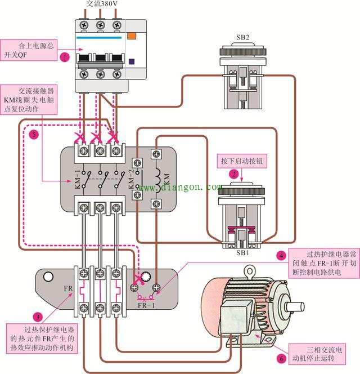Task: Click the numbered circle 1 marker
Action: click(65, 57)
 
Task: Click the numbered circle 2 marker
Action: click(233, 174)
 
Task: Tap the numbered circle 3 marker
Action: click(37, 317)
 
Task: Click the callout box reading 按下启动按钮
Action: click(241, 161)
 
